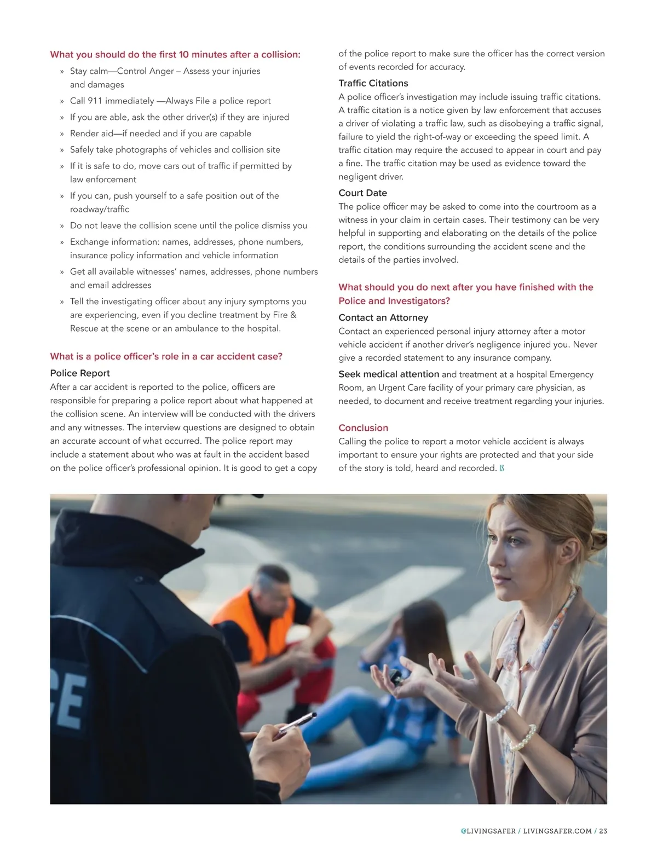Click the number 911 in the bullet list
coord(95,101)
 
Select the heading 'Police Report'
coord(80,373)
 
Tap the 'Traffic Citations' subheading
coord(373,83)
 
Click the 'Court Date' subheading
coord(362,193)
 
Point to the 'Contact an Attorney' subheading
coord(383,317)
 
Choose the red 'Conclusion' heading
coord(363,428)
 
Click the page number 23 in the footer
coord(603,831)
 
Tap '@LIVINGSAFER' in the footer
coord(488,831)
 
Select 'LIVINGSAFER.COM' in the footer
coord(557,831)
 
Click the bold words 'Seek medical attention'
coord(389,374)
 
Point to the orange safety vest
coord(257,624)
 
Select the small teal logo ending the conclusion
coord(502,469)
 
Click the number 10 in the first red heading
coord(183,55)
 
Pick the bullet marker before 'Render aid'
coord(62,134)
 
